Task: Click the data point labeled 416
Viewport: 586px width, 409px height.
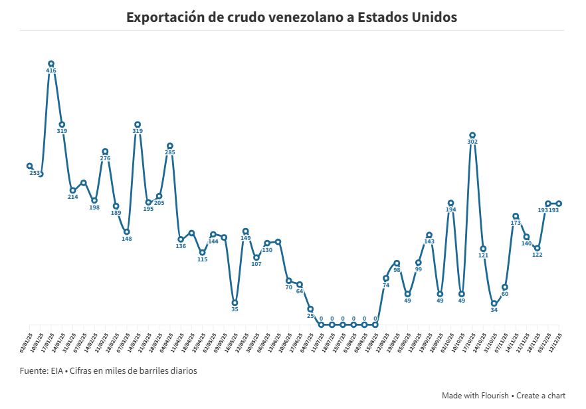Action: coord(51,64)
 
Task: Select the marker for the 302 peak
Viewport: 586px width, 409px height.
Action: coord(472,135)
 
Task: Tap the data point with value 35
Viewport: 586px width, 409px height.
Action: coord(235,303)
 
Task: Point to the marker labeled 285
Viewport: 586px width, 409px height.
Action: coord(170,146)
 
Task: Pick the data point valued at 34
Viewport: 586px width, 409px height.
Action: coord(494,303)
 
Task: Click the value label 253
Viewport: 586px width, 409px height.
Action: coord(35,173)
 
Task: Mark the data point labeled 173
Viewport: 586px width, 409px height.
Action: coord(516,216)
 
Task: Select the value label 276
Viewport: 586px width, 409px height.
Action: coord(105,158)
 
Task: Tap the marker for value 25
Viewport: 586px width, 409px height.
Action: coord(310,309)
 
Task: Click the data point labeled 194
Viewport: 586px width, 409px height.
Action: coord(450,203)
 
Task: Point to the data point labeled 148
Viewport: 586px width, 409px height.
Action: coord(127,231)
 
